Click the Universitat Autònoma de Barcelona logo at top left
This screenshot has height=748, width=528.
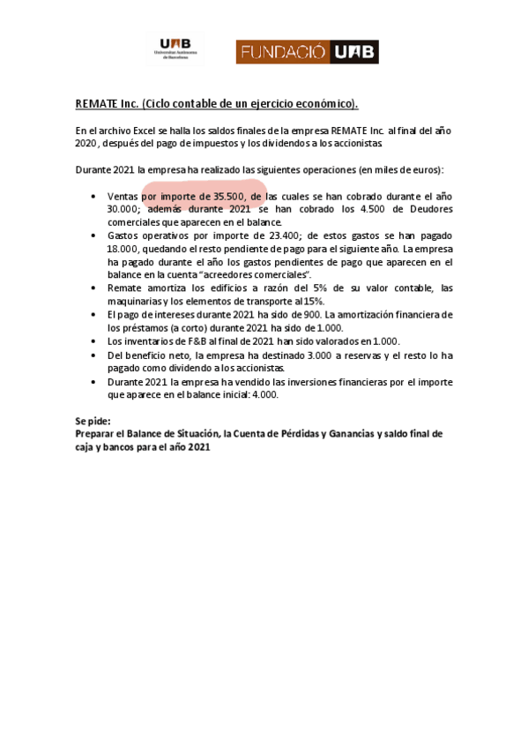pos(176,49)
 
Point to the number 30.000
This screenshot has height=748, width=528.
pos(123,209)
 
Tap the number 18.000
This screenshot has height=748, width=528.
pos(123,249)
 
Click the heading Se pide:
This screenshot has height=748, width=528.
pos(93,422)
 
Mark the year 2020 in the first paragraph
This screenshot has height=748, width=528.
pos(86,143)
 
